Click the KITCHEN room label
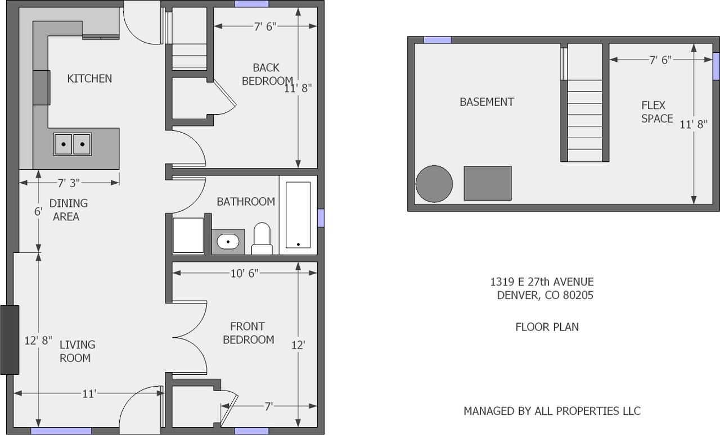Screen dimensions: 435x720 [x=89, y=79]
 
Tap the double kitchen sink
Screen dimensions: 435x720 [x=73, y=144]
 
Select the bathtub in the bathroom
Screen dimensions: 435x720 [x=298, y=215]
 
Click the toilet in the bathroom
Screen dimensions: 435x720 [x=262, y=239]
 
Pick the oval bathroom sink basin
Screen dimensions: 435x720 [x=228, y=242]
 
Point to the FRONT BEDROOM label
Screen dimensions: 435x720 [x=248, y=333]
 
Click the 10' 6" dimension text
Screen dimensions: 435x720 [x=244, y=273]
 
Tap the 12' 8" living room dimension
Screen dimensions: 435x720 [x=38, y=340]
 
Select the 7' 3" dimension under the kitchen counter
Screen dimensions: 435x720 [x=69, y=183]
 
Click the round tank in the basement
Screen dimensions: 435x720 [x=434, y=184]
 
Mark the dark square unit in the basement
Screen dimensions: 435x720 [x=487, y=183]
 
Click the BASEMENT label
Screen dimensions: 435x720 [x=487, y=102]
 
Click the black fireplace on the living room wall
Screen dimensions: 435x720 [x=10, y=340]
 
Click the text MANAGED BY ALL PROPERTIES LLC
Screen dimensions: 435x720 [x=551, y=411]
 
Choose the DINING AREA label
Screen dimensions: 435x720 [x=68, y=210]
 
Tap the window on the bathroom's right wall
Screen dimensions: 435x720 [x=321, y=218]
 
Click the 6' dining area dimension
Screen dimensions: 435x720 [x=38, y=212]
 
